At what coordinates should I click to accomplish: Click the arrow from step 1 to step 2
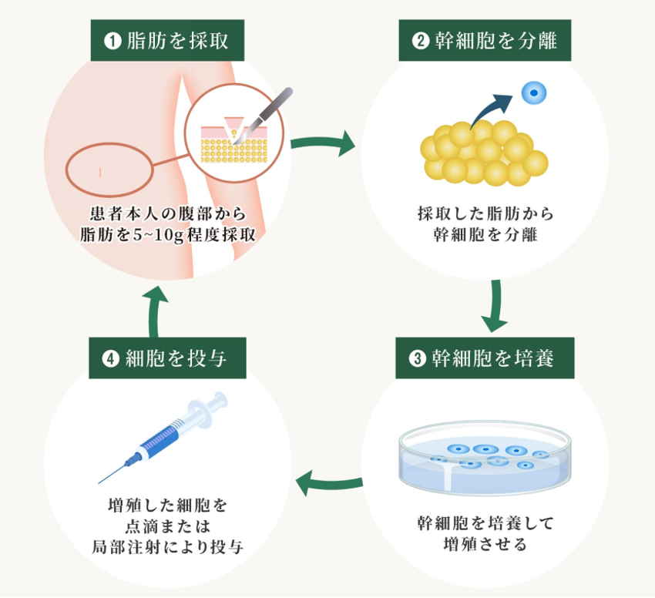tap(323, 144)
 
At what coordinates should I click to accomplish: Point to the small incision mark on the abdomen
tap(101, 169)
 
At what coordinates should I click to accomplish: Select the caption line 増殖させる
tap(485, 546)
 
